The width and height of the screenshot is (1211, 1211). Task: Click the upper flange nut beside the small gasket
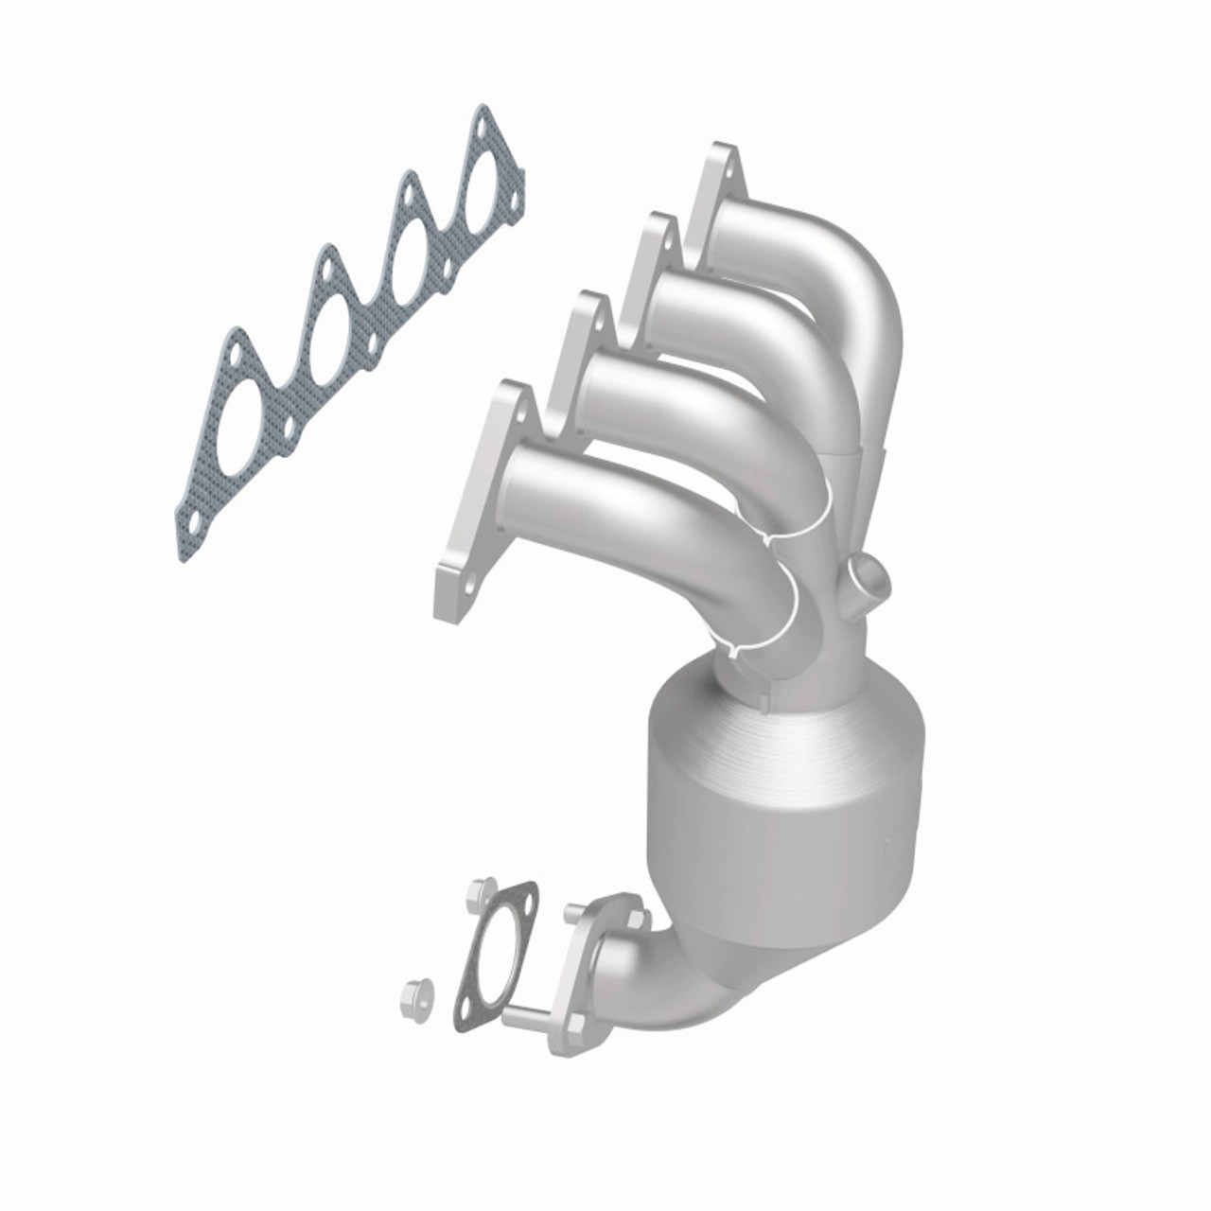(478, 894)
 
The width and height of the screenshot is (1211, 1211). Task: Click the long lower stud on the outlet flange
(525, 1019)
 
